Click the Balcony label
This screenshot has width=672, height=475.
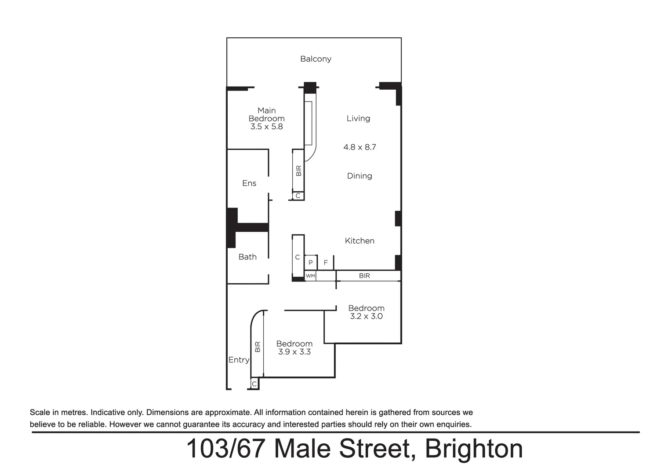(x=316, y=59)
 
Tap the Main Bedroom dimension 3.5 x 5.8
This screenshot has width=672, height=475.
(x=266, y=127)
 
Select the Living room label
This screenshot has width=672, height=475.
(x=358, y=118)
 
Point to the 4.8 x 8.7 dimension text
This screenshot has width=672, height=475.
(x=360, y=147)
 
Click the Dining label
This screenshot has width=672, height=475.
(x=360, y=176)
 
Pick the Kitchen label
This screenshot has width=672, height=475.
(x=360, y=241)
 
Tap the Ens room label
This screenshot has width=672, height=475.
(x=249, y=183)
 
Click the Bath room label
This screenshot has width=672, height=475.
(x=247, y=257)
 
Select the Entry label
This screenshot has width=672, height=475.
(x=239, y=360)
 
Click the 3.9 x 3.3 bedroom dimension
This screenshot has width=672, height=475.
(x=294, y=352)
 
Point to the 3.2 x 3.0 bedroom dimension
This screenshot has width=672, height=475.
(x=366, y=316)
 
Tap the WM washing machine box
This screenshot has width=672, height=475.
(x=310, y=276)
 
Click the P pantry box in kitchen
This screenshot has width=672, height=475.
(x=310, y=263)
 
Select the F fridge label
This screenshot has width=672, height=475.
(x=326, y=263)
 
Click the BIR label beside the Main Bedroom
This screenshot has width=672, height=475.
(x=299, y=171)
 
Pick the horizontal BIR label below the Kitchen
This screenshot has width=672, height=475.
(x=364, y=276)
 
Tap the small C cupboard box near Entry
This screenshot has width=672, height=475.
(x=254, y=384)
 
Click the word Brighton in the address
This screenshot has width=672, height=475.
(x=474, y=449)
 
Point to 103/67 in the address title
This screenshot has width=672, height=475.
(x=225, y=449)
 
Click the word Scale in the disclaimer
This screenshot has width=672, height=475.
(x=40, y=413)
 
